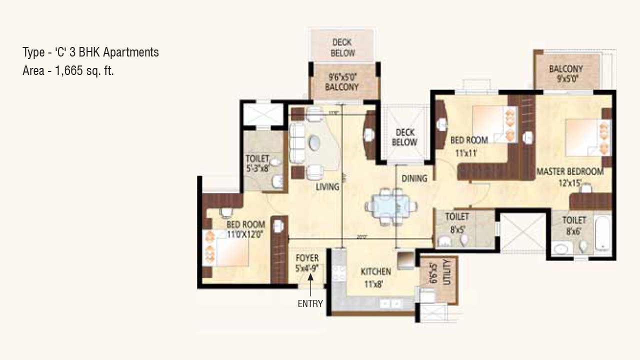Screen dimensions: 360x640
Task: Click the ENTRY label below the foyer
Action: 310,303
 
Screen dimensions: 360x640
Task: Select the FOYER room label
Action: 307,258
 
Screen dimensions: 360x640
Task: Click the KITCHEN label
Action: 375,272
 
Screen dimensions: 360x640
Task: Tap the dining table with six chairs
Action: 390,205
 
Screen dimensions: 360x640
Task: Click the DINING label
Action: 414,178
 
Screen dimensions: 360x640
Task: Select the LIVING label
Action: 327,187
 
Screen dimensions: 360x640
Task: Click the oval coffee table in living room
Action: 316,144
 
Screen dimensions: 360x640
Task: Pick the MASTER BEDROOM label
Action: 569,171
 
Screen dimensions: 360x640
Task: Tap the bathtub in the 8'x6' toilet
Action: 603,233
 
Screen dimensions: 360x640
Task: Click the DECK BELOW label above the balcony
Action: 342,48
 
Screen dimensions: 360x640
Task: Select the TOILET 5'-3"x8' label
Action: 258,163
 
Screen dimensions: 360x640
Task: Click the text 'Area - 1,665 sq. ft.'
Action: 68,71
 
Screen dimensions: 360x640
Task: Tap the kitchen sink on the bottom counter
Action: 390,303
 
